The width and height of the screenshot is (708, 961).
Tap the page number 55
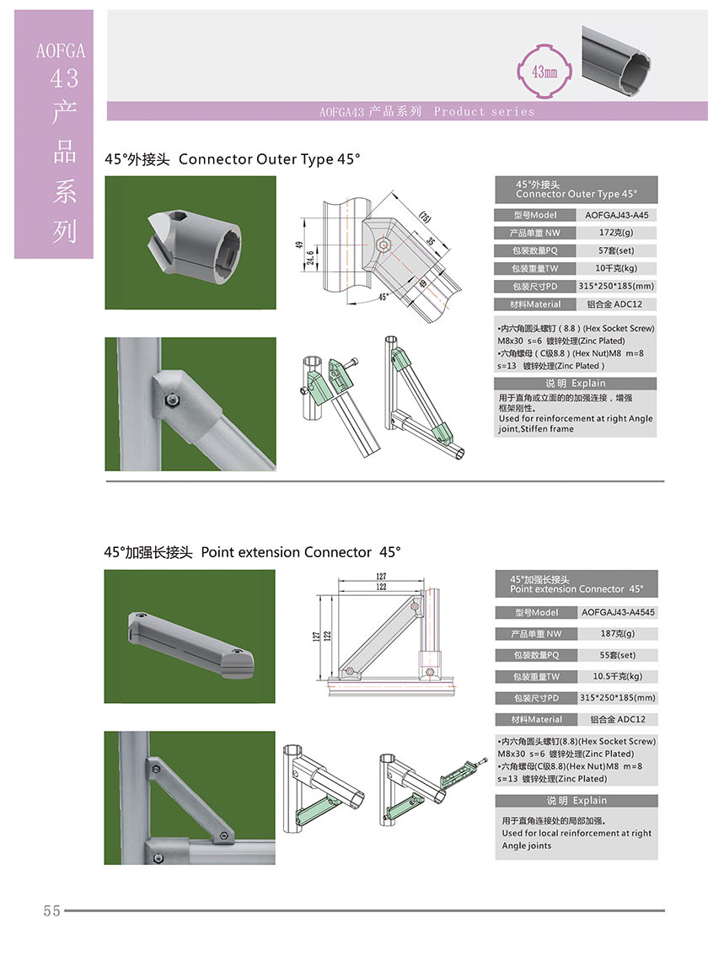click(51, 910)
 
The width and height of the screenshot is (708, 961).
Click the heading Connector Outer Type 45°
click(270, 158)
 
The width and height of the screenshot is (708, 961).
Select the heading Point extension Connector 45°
click(300, 552)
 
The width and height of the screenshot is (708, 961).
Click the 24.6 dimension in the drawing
click(309, 255)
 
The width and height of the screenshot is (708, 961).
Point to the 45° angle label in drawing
click(383, 298)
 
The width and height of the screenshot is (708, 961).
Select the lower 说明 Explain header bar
click(576, 800)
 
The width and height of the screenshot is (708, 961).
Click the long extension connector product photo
click(189, 636)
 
